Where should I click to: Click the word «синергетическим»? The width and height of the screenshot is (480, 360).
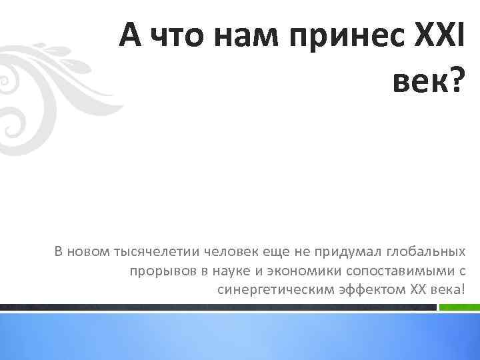[267, 290]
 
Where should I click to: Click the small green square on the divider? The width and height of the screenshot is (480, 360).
[452, 307]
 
